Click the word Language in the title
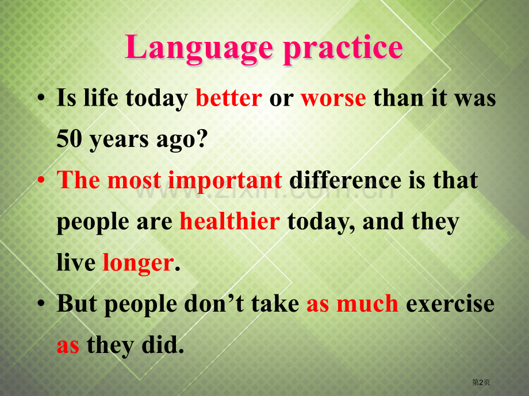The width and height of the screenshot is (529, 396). tap(199, 49)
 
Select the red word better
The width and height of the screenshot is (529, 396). tap(229, 98)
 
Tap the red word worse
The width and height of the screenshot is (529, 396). tap(333, 99)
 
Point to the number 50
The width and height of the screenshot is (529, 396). tap(69, 139)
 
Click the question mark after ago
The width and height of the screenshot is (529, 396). tap(201, 139)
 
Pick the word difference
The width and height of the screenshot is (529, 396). tap(345, 180)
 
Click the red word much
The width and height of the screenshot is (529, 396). tap(367, 304)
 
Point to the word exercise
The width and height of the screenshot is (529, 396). tap(450, 304)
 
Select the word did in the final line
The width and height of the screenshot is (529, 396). tap(163, 345)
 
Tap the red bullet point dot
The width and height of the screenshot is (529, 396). tap(41, 180)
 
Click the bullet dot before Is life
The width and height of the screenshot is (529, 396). tap(41, 98)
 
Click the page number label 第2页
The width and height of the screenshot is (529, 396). tap(481, 382)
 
